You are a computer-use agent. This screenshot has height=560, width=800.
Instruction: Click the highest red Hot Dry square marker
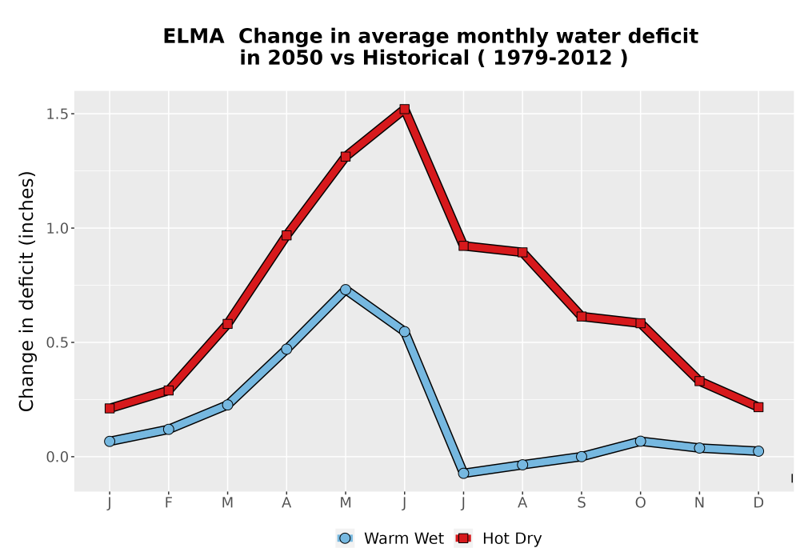405,109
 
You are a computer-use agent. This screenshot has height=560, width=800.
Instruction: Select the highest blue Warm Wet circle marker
346,290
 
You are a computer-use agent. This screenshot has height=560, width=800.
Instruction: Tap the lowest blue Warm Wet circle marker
463,473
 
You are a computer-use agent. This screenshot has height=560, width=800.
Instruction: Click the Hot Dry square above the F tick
168,390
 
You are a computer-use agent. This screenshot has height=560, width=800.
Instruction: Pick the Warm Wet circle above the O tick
640,441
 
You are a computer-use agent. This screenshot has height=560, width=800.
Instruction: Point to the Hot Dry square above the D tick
758,407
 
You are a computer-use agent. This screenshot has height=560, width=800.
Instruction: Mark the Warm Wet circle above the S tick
581,457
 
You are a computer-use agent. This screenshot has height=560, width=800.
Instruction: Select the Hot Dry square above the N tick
699,381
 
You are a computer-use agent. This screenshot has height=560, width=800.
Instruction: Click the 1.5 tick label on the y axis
57,114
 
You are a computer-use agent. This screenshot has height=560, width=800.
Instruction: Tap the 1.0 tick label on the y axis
57,228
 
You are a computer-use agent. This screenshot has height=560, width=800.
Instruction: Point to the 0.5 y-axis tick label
57,342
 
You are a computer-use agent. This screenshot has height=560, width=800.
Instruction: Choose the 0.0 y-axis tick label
57,457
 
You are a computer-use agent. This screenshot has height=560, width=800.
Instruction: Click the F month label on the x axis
168,503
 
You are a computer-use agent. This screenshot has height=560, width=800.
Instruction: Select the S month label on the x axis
581,503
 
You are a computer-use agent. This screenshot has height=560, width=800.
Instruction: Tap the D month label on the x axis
758,503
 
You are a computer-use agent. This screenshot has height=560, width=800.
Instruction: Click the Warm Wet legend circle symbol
345,538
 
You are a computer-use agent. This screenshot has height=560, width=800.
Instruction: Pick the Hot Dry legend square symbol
463,538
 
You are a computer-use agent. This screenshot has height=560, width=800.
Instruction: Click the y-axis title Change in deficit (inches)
26,291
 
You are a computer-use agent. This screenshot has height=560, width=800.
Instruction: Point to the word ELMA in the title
194,37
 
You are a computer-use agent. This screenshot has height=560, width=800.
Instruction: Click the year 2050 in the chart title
295,58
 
